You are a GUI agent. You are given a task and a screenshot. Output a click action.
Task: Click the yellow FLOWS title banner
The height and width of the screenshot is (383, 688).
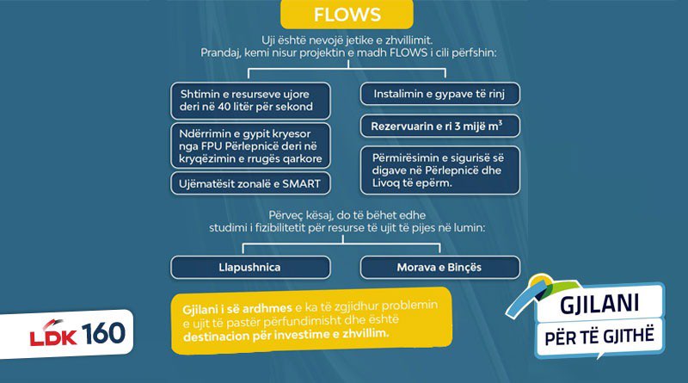click(347, 14)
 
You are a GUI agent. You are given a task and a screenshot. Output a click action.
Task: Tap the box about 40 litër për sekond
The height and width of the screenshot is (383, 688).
click(250, 101)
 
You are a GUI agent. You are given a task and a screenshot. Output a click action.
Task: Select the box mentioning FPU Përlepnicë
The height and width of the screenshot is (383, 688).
click(250, 145)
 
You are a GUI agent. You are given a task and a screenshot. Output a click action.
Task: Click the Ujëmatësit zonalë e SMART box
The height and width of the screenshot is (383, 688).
click(250, 183)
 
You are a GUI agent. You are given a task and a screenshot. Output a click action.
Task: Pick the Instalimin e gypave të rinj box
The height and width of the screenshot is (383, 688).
click(439, 94)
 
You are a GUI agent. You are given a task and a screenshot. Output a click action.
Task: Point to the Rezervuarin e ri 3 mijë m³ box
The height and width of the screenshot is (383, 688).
click(439, 126)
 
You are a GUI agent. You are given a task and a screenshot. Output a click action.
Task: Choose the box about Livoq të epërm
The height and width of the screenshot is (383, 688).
click(439, 170)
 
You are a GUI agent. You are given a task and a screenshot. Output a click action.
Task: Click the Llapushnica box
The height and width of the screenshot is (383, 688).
click(250, 267)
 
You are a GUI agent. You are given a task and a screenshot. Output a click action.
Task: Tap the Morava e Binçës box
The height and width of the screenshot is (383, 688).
click(439, 267)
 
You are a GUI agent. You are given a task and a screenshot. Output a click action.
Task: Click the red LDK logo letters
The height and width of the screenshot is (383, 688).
click(53, 335)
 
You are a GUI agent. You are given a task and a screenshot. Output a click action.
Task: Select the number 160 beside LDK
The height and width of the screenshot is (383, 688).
click(103, 333)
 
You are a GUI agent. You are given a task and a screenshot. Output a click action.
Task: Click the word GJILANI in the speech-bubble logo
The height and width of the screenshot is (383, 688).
click(599, 304)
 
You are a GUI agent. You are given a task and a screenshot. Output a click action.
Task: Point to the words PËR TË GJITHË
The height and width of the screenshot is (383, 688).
click(599, 337)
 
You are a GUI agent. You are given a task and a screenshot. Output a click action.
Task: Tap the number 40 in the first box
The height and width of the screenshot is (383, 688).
click(224, 107)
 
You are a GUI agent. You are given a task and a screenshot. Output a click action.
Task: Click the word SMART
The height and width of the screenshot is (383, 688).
click(301, 183)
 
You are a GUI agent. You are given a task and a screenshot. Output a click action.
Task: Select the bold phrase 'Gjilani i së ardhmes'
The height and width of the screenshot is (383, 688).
click(237, 309)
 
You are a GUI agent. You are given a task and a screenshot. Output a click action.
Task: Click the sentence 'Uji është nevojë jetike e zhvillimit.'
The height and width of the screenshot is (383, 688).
click(347, 40)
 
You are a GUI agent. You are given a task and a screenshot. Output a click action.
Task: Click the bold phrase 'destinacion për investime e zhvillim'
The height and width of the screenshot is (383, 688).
click(286, 335)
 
